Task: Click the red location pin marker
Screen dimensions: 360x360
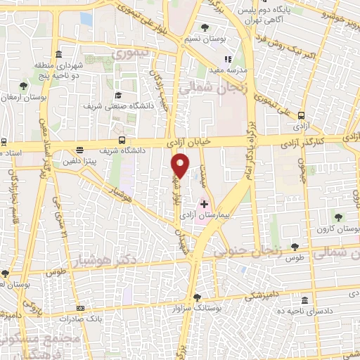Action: (180, 165)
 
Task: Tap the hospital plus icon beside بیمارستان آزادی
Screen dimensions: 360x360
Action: (205, 204)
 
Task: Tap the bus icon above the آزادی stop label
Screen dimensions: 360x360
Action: (302, 115)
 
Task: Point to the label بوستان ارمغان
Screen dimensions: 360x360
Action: (24, 97)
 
